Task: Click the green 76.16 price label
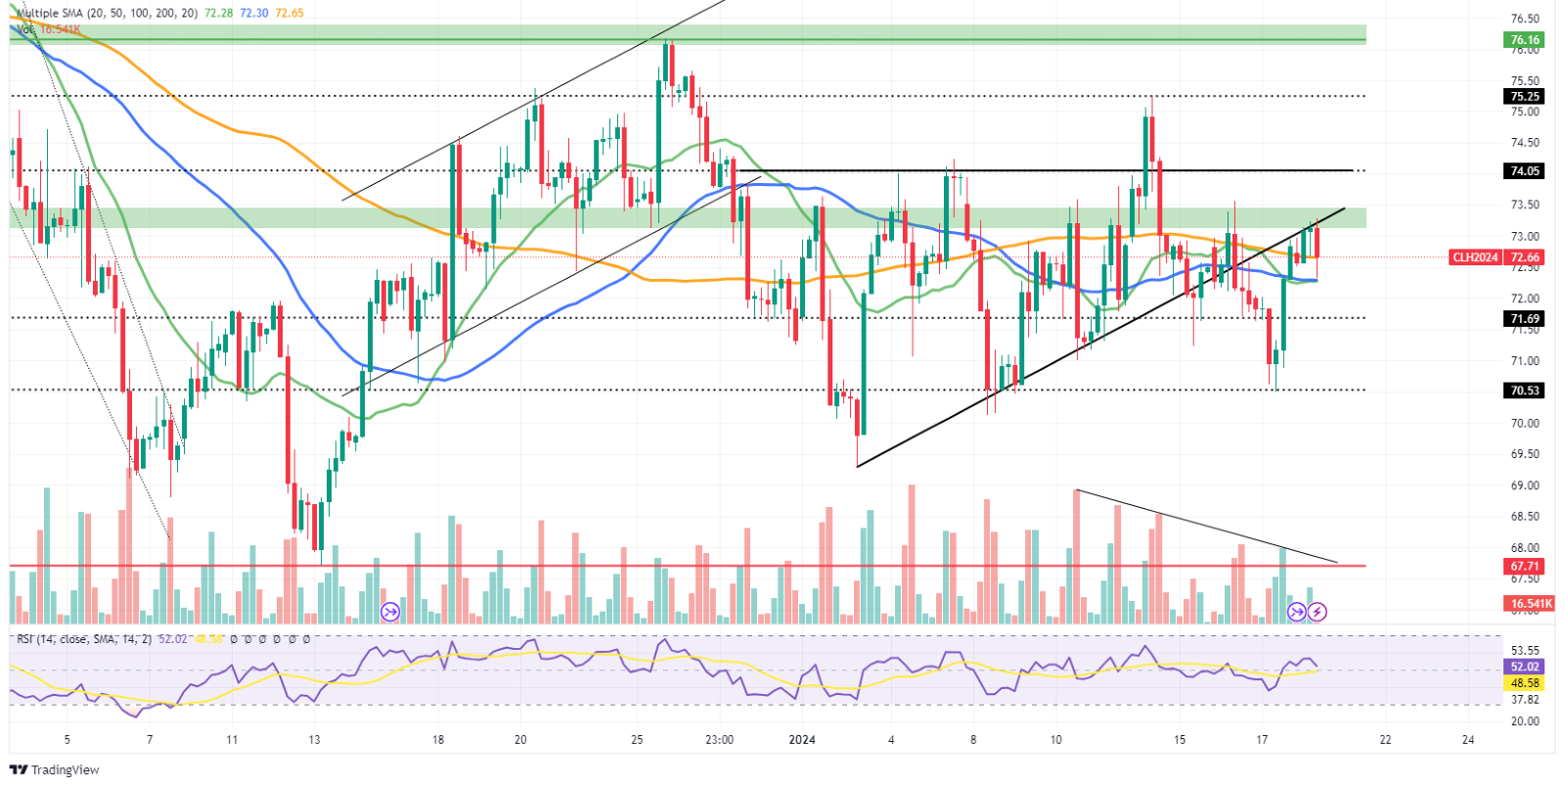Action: (1525, 40)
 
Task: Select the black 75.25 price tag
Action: (1525, 96)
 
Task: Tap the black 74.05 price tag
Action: (1525, 170)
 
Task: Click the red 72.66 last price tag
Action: (1525, 257)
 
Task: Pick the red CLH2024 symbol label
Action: (1475, 257)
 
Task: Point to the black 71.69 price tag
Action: (1525, 318)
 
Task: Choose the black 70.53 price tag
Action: (1525, 390)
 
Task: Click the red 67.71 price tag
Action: (1525, 566)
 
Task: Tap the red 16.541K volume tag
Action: (1531, 604)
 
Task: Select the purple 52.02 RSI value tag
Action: (1525, 667)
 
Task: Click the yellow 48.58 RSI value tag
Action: (1525, 682)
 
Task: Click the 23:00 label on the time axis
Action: (719, 739)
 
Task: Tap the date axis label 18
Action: (438, 739)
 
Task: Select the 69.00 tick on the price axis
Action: (1525, 486)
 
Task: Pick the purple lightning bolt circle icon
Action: (1318, 613)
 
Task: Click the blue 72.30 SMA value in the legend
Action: (253, 14)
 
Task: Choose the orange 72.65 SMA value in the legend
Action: (290, 14)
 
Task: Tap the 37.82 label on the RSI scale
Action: (1525, 700)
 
